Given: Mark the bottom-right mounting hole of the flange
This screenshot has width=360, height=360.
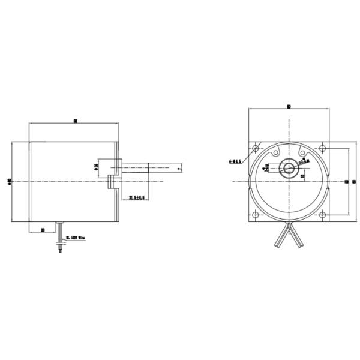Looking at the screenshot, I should (x=323, y=215).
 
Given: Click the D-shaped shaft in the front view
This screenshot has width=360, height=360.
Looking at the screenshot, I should (x=289, y=169).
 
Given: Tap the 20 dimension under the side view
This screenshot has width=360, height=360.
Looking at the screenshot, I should (x=43, y=229).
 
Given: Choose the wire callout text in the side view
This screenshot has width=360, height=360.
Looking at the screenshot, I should (x=75, y=238).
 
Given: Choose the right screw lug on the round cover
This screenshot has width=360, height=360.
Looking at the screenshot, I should (x=314, y=169).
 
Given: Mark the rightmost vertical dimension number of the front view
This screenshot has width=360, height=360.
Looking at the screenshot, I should (x=354, y=182).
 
